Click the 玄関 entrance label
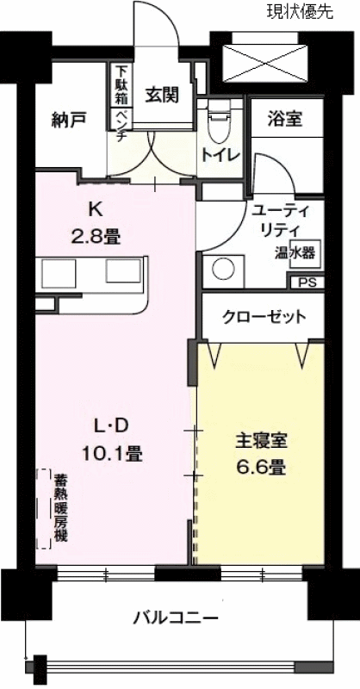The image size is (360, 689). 163,95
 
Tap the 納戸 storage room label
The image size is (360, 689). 69,119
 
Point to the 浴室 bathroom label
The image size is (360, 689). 284,118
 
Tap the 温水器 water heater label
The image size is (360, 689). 295,254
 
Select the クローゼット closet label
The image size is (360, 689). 264,317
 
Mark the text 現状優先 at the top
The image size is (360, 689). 301,12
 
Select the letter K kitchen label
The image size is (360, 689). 96,210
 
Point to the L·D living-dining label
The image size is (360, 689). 111,425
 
